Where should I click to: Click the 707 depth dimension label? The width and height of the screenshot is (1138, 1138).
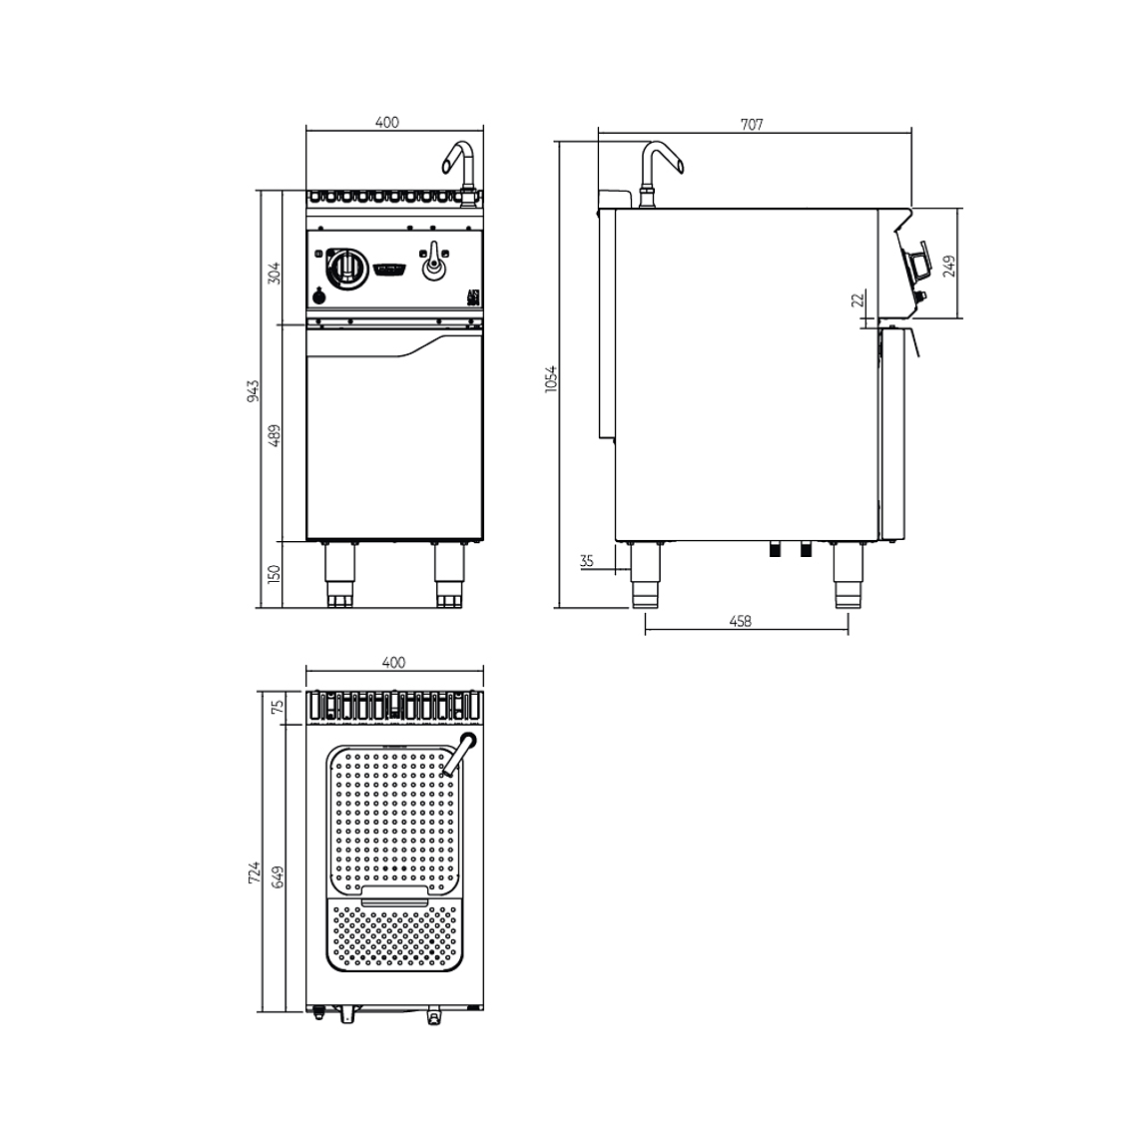[752, 124]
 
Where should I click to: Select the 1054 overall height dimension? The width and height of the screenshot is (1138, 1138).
[550, 379]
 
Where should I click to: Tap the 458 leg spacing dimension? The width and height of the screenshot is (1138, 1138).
[740, 621]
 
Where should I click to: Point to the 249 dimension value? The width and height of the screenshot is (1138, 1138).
[949, 265]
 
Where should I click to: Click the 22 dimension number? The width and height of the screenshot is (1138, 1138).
[856, 301]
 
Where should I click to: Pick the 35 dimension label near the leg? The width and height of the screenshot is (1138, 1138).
[586, 561]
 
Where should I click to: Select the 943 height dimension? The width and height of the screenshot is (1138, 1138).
[253, 390]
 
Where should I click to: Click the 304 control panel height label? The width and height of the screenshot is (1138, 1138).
[275, 272]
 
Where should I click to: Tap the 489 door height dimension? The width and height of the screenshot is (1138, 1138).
[275, 433]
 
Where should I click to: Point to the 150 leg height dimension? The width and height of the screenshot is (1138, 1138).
[275, 573]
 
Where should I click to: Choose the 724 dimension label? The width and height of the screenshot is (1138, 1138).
[254, 871]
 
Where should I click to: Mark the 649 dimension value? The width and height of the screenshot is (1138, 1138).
[279, 876]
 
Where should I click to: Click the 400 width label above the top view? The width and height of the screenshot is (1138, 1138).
[393, 662]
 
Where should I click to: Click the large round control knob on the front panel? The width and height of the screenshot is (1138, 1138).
[344, 267]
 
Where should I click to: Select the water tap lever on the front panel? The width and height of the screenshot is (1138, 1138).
[434, 266]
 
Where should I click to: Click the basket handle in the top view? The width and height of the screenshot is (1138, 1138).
[394, 895]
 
